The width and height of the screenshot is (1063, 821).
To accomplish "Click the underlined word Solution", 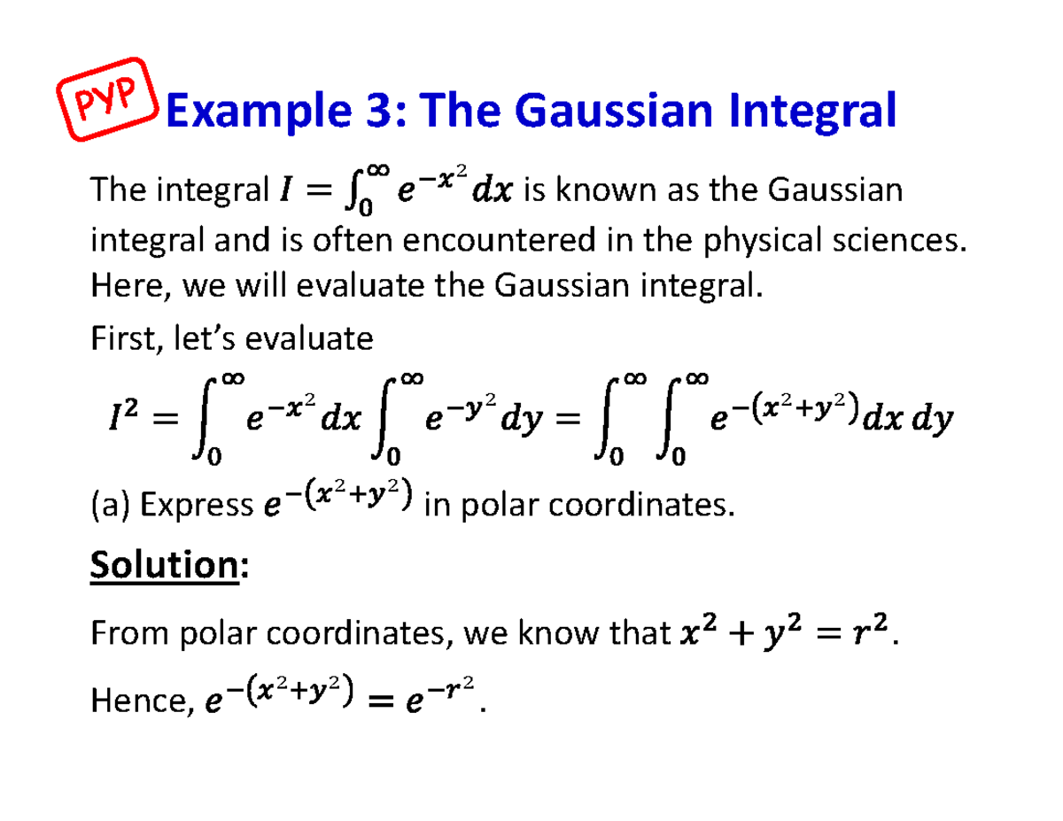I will pos(163,565).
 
